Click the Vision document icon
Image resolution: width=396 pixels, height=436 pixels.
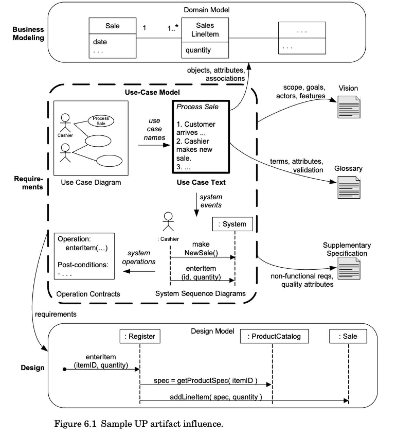pyautogui.click(x=349, y=107)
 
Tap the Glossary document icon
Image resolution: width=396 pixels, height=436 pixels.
pyautogui.click(x=349, y=187)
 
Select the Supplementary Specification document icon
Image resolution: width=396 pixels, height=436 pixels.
pyautogui.click(x=349, y=268)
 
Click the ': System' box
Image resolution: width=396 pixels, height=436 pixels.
pyautogui.click(x=232, y=224)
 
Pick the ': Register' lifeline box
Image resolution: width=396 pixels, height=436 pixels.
pyautogui.click(x=140, y=336)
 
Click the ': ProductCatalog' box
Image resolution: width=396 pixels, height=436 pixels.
pyautogui.click(x=274, y=336)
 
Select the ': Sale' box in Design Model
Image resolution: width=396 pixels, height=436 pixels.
pyautogui.click(x=348, y=336)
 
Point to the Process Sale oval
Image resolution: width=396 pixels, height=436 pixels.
pyautogui.click(x=101, y=121)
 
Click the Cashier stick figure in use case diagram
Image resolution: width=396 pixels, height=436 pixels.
pyautogui.click(x=65, y=123)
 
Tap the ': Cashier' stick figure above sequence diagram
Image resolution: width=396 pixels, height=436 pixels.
pyautogui.click(x=168, y=221)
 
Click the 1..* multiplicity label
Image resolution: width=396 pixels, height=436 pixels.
pyautogui.click(x=173, y=28)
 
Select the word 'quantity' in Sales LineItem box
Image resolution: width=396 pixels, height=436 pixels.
pyautogui.click(x=198, y=50)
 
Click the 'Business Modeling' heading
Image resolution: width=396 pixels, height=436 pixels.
pyautogui.click(x=28, y=34)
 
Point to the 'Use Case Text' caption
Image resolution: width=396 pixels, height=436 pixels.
pyautogui.click(x=201, y=182)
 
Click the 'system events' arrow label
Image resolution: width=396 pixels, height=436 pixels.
pyautogui.click(x=211, y=201)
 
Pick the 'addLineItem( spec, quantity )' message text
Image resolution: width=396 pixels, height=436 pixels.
pyautogui.click(x=216, y=397)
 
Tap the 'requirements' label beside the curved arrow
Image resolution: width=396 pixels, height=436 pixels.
pyautogui.click(x=56, y=314)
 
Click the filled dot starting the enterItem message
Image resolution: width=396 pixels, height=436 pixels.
pyautogui.click(x=65, y=369)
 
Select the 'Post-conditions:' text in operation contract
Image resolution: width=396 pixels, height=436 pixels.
pyautogui.click(x=83, y=265)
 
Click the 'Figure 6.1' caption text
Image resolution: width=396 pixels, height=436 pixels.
pyautogui.click(x=75, y=424)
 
